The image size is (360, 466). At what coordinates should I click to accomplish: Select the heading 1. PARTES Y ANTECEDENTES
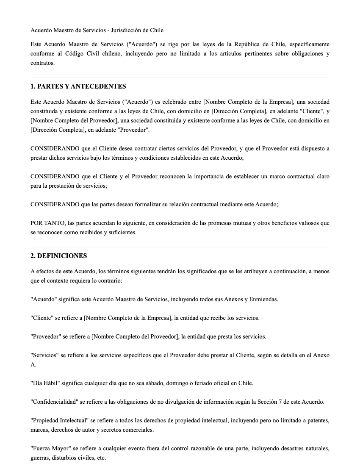(78, 86)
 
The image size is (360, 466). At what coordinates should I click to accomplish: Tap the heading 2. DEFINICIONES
(58, 256)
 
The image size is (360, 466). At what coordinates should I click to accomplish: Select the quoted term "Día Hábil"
(44, 383)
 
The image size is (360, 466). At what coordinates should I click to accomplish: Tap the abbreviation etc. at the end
(101, 458)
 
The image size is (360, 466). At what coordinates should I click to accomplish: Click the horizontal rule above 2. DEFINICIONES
(180, 247)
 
